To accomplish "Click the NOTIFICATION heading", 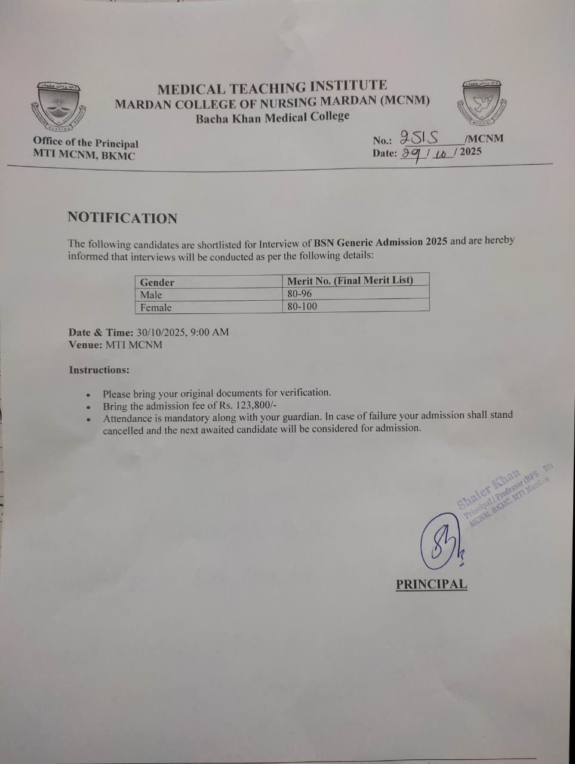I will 122,218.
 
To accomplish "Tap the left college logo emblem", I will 59,107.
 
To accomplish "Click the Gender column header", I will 157,282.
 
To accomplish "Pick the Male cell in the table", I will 151,295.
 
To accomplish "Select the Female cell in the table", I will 156,307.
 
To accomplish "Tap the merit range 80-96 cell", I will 299,293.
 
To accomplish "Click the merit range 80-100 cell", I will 302,306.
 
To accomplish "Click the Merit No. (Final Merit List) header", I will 350,280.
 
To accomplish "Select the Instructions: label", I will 99,370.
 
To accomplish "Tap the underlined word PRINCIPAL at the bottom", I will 431,584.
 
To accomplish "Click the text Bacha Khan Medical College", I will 273,117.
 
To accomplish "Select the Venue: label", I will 85,345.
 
